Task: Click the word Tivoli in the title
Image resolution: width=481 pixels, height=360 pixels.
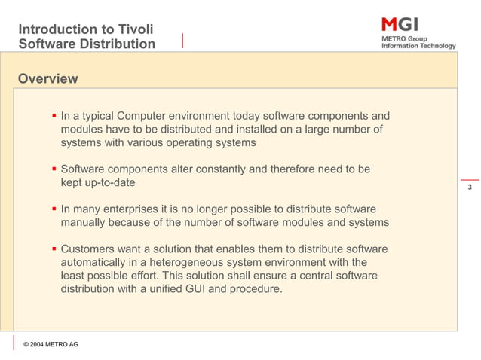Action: tap(135, 29)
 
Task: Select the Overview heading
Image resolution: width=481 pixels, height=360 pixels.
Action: tap(47, 79)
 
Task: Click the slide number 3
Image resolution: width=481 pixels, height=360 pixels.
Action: tap(469, 187)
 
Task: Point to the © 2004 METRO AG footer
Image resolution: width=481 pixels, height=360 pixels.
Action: tap(51, 344)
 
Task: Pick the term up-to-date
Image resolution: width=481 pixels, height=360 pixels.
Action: tap(98, 182)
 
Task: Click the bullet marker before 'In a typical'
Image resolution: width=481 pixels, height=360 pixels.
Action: tap(54, 117)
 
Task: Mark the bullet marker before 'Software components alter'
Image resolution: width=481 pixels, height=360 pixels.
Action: tap(54, 169)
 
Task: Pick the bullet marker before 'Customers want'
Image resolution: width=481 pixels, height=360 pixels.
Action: tap(54, 249)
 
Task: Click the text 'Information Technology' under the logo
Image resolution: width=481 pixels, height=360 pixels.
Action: tap(418, 46)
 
